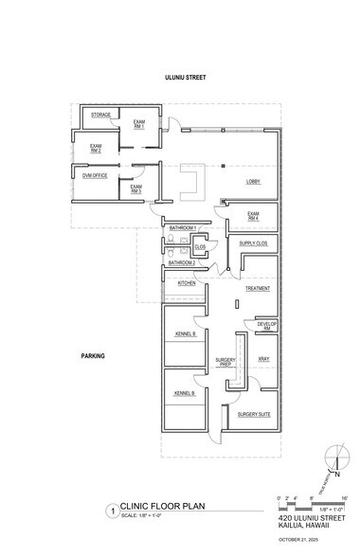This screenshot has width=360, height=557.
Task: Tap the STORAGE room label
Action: (100, 115)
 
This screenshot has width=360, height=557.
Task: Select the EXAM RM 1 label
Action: (138, 125)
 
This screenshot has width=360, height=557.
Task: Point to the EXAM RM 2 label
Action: (97, 147)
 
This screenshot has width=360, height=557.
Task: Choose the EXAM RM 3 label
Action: (136, 189)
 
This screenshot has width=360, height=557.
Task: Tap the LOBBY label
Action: (254, 181)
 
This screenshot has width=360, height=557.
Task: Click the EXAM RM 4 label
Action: (254, 216)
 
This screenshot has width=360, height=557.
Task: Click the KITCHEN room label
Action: (187, 283)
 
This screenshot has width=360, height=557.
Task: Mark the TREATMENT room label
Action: (258, 288)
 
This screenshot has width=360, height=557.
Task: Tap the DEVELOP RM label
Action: (266, 325)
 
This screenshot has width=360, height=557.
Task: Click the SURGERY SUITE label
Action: (255, 414)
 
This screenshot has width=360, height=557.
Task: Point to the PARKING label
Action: (93, 356)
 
